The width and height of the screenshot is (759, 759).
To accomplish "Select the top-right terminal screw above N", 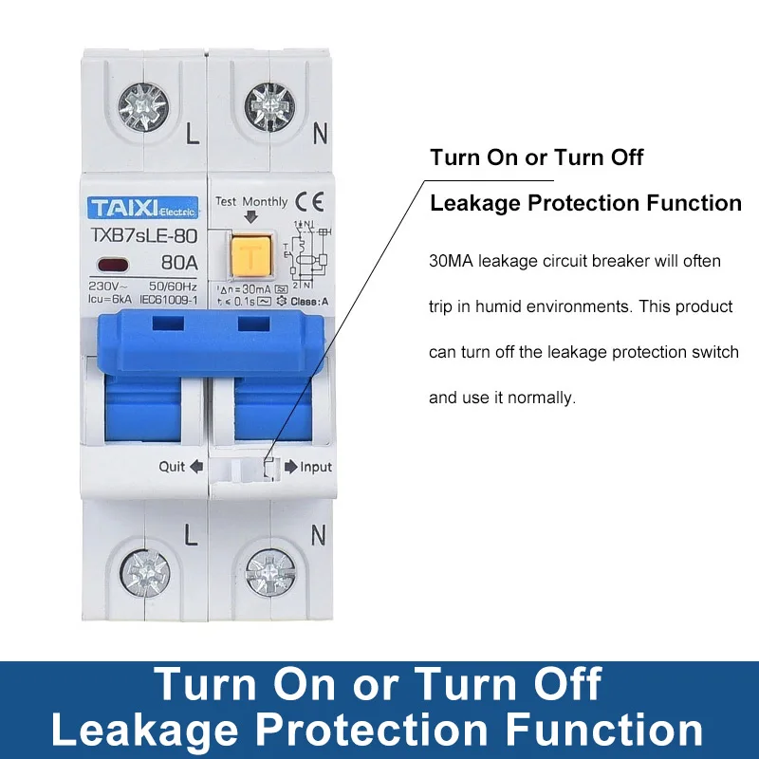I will tap(268, 105).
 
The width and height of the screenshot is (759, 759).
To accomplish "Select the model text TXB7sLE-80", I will tap(140, 236).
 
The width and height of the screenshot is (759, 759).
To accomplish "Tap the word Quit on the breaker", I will tap(172, 466).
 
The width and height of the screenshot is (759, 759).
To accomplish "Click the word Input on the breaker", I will tap(316, 467).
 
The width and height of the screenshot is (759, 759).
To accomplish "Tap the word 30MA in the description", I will tap(451, 260).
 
